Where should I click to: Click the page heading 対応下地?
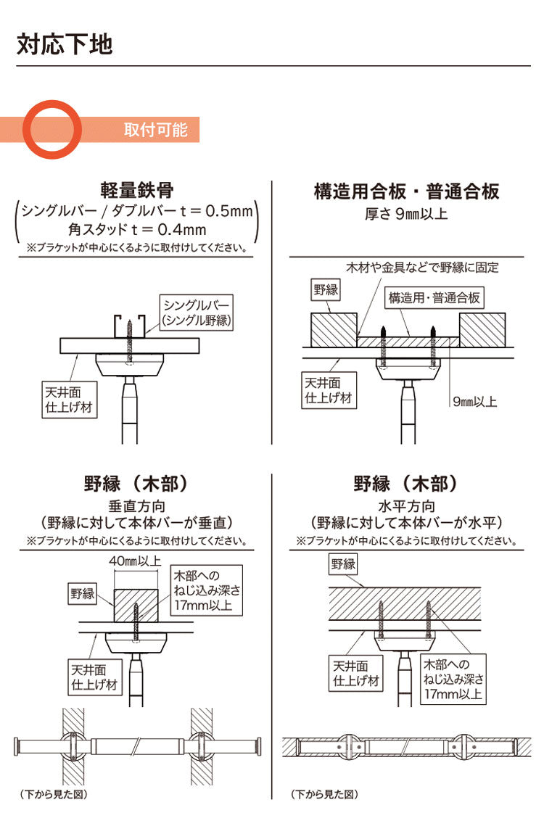click(65, 44)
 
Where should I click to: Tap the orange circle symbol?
click(53, 128)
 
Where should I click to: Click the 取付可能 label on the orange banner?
click(156, 129)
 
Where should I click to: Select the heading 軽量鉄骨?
click(137, 191)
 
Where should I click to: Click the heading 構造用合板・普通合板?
click(406, 191)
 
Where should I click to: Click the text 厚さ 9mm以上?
click(406, 214)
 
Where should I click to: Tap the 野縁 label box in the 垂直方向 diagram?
click(83, 594)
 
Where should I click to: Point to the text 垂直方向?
click(137, 506)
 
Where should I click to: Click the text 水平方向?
click(406, 506)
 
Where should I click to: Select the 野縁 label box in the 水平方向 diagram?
click(344, 563)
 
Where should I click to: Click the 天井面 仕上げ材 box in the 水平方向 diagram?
click(351, 673)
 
